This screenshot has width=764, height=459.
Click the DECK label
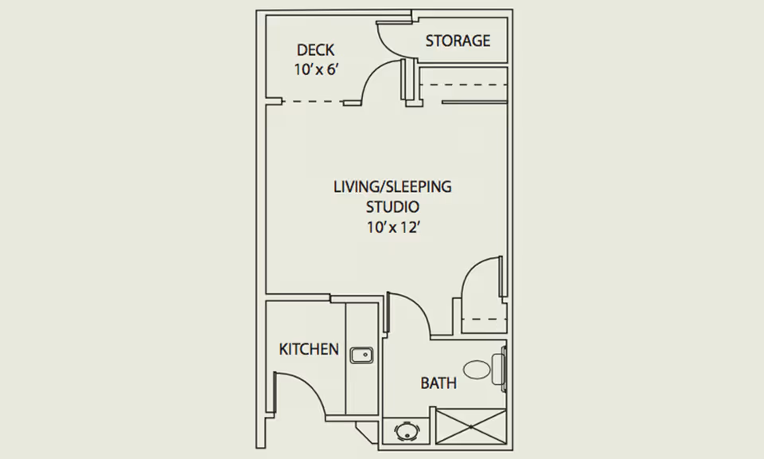316,50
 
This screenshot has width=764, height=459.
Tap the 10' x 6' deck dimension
316,69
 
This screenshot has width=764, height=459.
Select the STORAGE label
457,41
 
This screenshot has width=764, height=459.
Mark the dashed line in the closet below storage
462,84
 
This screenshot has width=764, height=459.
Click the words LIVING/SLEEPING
392,186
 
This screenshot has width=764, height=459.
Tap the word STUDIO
392,206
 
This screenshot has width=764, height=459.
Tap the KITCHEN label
309,349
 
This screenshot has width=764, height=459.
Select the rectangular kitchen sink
363,354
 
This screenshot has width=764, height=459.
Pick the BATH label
439,383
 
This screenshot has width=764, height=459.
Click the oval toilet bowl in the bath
477,369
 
